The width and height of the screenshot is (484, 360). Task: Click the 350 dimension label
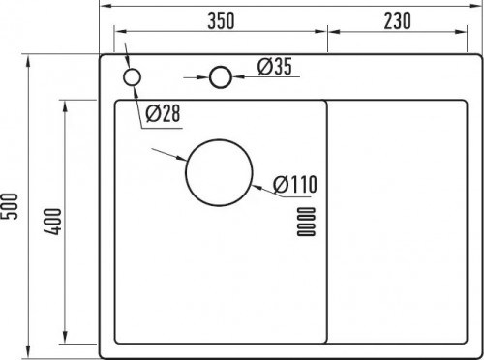click(221, 20)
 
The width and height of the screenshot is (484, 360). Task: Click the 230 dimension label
click(397, 20)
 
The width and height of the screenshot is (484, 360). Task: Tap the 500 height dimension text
click(9, 206)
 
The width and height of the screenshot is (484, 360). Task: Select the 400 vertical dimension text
click(52, 222)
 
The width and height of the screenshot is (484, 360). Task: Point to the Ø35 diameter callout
click(275, 67)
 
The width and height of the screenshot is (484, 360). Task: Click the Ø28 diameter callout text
click(163, 113)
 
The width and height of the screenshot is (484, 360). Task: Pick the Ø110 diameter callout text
click(295, 184)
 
